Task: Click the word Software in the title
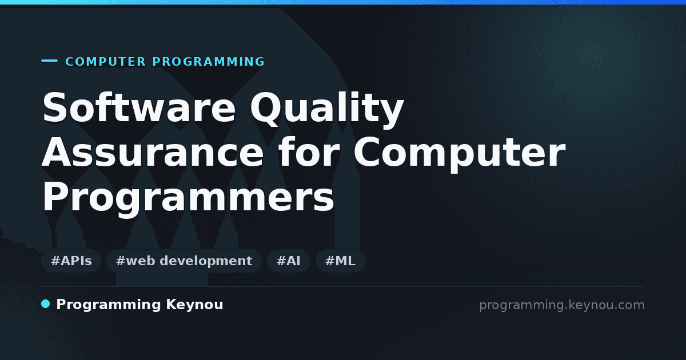pyautogui.click(x=139, y=107)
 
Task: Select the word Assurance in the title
pyautogui.click(x=153, y=152)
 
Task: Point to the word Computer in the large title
pyautogui.click(x=460, y=153)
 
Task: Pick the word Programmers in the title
pyautogui.click(x=188, y=198)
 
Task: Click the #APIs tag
pyautogui.click(x=71, y=261)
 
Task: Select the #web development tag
pyautogui.click(x=184, y=261)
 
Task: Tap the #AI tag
pyautogui.click(x=289, y=261)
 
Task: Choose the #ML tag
pyautogui.click(x=340, y=261)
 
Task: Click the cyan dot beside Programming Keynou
pyautogui.click(x=46, y=304)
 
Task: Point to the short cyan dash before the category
pyautogui.click(x=49, y=61)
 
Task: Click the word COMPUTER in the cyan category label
pyautogui.click(x=106, y=62)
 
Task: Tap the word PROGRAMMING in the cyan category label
pyautogui.click(x=208, y=62)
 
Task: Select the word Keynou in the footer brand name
pyautogui.click(x=194, y=305)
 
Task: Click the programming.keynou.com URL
pyautogui.click(x=562, y=305)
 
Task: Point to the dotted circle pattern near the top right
pyautogui.click(x=591, y=57)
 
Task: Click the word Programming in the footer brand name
pyautogui.click(x=109, y=305)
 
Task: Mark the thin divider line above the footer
pyautogui.click(x=344, y=286)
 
